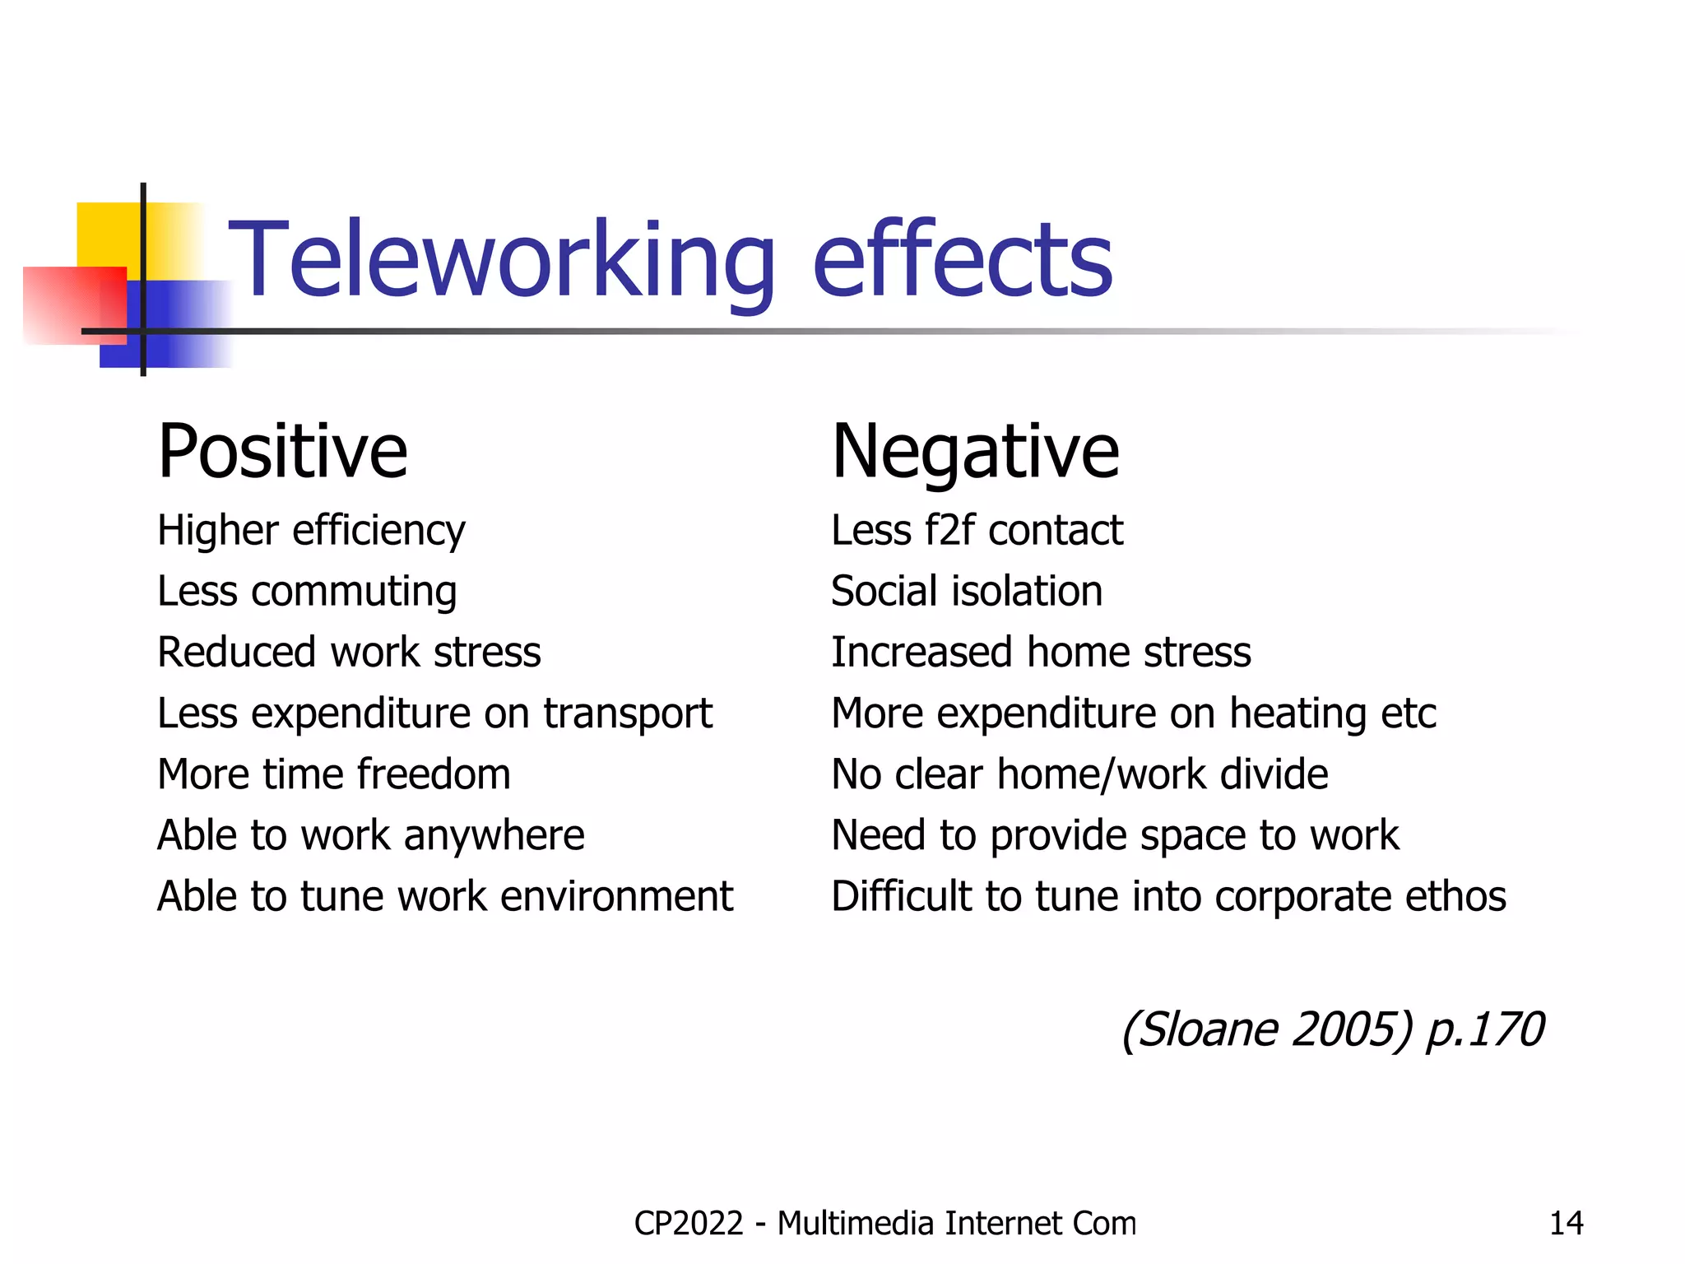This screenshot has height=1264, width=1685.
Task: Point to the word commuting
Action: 354,592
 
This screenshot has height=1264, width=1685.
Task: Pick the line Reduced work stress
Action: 349,652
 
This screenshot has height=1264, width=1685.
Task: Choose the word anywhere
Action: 494,836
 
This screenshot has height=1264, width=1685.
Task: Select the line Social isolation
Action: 967,591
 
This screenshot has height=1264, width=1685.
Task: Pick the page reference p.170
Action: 1484,1030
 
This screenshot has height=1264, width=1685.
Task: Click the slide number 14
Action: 1566,1224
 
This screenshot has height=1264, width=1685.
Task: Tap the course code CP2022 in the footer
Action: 689,1224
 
